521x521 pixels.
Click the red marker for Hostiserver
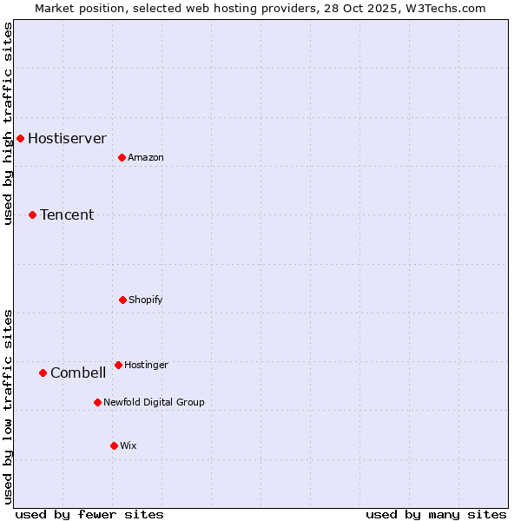20,138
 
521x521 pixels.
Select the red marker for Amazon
122,157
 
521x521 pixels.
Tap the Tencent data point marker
32,214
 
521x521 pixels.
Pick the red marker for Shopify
122,300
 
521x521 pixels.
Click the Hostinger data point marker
118,365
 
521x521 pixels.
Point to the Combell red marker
43,373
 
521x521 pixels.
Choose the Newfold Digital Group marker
97,402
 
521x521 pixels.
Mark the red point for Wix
114,445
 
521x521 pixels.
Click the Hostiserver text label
67,138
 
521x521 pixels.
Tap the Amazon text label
146,157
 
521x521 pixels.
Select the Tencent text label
67,214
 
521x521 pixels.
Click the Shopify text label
146,300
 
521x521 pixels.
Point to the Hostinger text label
146,365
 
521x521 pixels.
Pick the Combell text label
78,373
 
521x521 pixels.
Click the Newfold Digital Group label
154,402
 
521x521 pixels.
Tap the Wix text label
129,445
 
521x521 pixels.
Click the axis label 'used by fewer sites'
89,514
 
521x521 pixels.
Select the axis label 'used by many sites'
436,514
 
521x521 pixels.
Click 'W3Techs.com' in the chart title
446,8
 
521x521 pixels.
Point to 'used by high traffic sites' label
8,123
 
